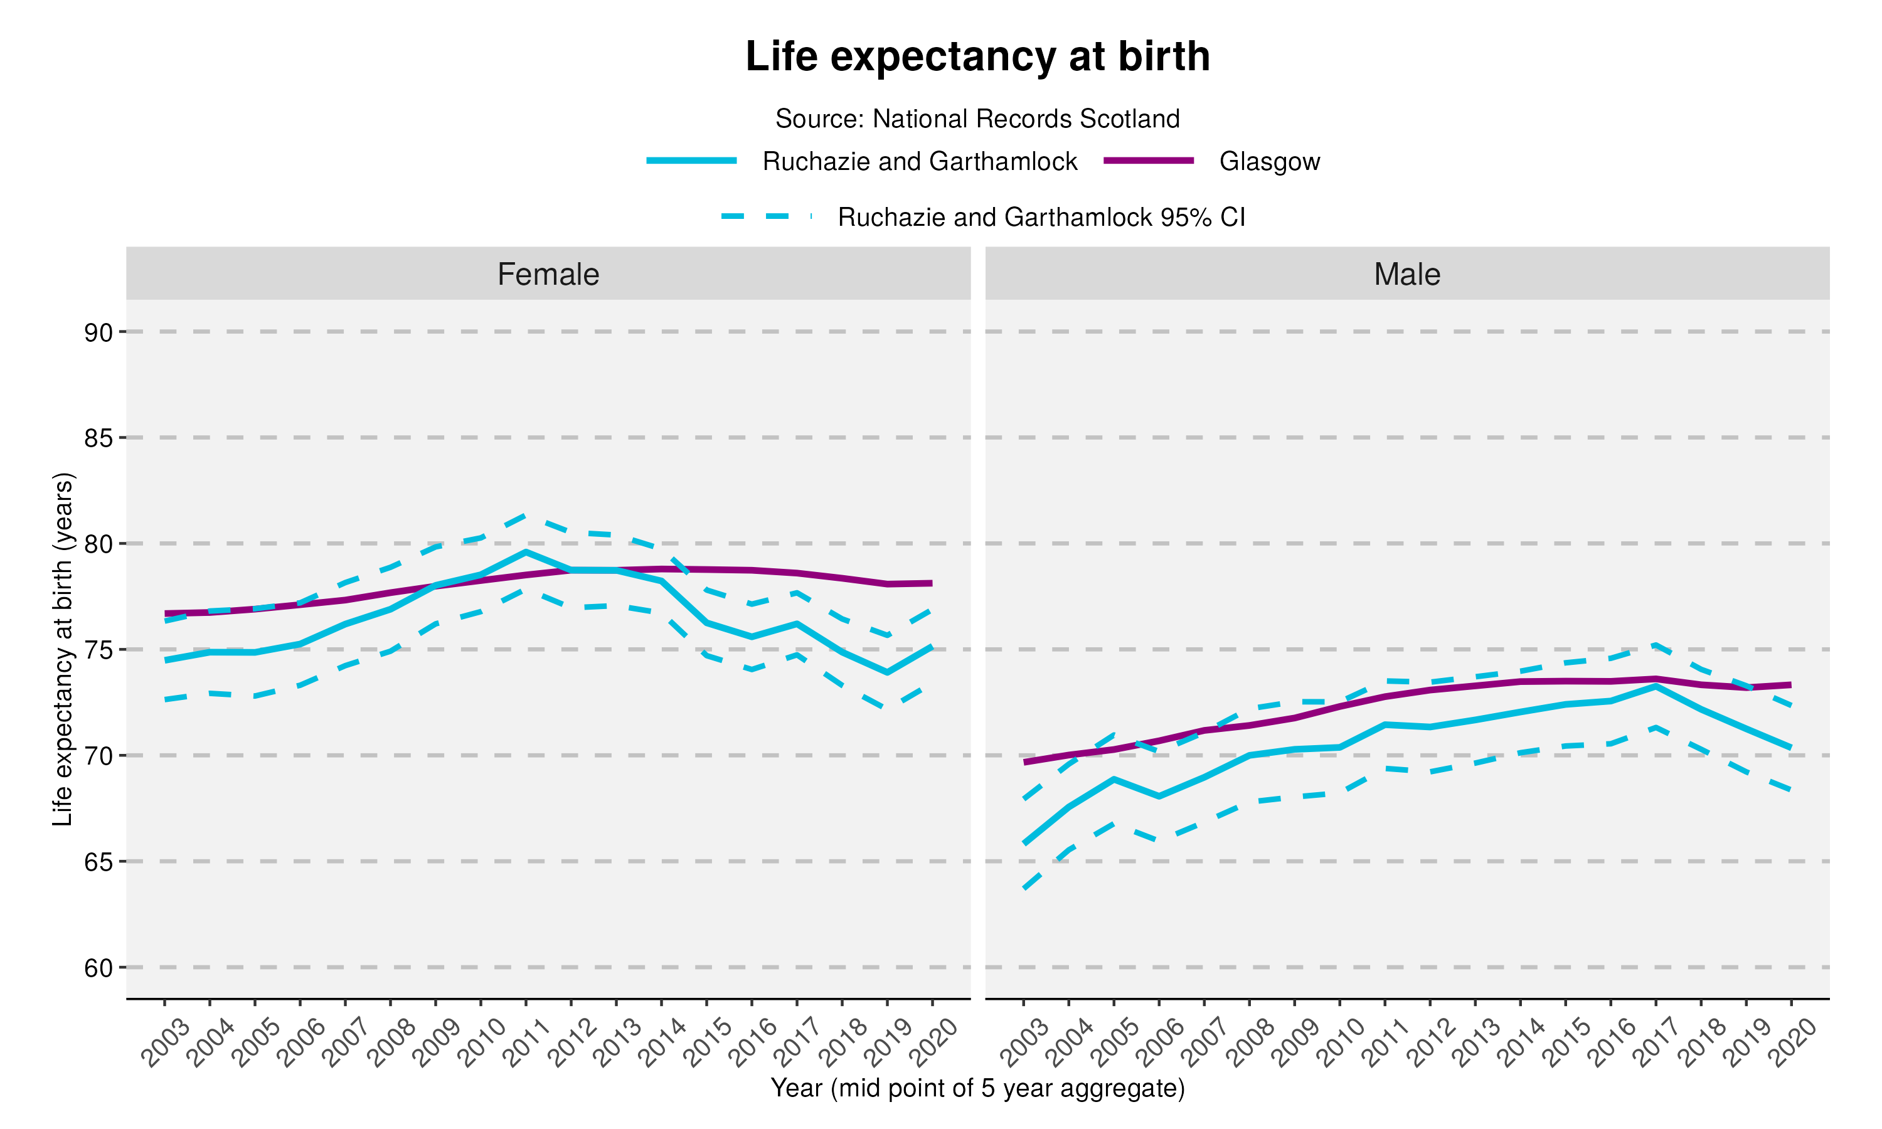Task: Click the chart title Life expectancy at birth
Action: [977, 56]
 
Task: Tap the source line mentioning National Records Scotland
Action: [977, 119]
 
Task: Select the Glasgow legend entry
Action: [1269, 161]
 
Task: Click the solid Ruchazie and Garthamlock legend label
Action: [919, 161]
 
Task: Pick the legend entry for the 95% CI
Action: [1041, 217]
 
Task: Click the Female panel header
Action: [548, 274]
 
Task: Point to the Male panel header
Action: [1406, 274]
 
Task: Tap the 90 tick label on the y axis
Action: [98, 332]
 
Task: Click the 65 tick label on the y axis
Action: [98, 862]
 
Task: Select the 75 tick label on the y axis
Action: [98, 650]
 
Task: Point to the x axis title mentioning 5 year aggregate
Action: [977, 1088]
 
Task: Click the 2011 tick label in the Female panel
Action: [525, 1043]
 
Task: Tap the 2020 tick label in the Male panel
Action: [1790, 1043]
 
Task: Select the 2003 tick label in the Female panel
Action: [164, 1043]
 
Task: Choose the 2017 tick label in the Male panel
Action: [1654, 1043]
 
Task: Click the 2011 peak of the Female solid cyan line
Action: [526, 551]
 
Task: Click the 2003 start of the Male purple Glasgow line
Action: [1024, 761]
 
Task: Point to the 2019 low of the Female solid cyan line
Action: [887, 672]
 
